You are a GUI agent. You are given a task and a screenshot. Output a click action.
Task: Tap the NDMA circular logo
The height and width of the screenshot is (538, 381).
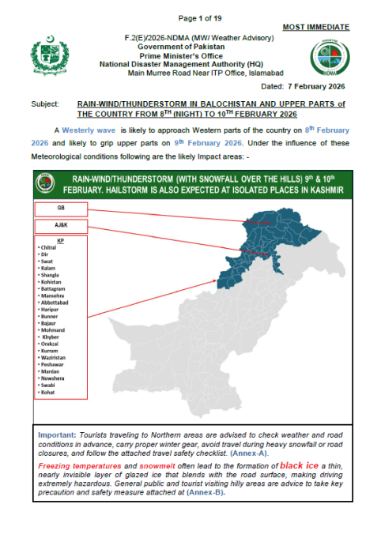click(327, 58)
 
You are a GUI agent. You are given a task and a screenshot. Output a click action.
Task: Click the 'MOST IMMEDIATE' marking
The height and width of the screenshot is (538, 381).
click(315, 27)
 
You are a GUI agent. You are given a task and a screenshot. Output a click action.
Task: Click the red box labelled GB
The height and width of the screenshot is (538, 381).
click(60, 209)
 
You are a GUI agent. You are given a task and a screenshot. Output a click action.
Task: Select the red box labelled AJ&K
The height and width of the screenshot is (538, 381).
click(60, 225)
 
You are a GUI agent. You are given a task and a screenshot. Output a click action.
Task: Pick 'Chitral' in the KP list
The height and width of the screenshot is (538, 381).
click(49, 247)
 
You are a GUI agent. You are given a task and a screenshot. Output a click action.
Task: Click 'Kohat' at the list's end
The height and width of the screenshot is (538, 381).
click(47, 392)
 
